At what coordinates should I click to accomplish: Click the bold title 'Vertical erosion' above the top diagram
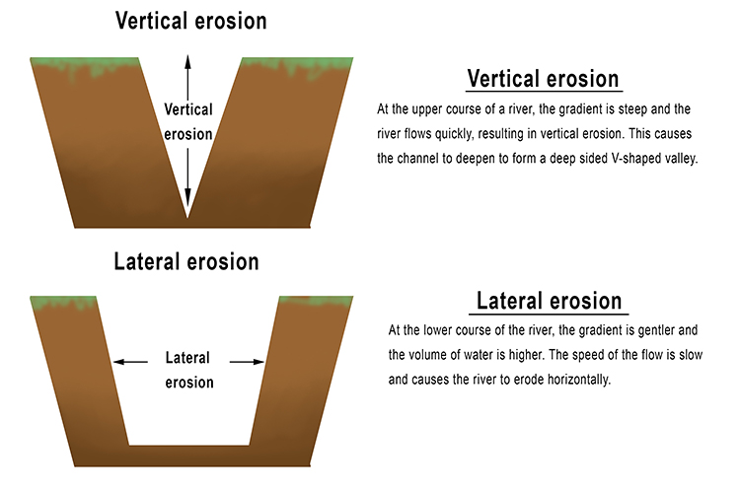190,21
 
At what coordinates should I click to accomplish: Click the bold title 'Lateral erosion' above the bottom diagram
186,262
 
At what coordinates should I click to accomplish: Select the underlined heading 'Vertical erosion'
543,79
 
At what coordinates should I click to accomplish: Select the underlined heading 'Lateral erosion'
550,301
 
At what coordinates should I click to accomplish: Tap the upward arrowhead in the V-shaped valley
187,61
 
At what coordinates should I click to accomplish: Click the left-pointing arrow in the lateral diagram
119,362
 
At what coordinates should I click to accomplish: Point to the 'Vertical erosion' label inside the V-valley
187,121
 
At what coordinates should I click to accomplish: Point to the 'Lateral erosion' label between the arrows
187,371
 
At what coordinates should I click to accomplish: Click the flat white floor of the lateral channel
189,434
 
